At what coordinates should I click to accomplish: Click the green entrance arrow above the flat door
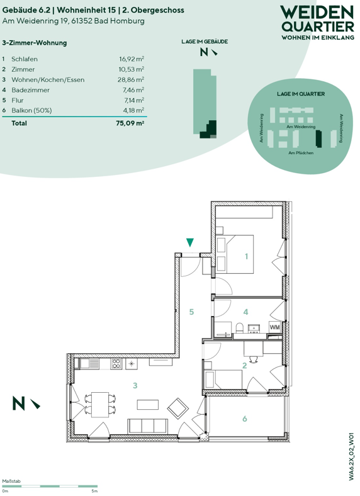(190, 242)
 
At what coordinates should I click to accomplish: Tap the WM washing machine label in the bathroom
(275, 327)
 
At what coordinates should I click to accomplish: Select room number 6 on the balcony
(245, 419)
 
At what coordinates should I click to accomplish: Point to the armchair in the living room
(177, 409)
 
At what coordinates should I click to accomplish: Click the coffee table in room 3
(148, 405)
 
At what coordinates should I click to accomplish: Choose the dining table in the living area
(100, 405)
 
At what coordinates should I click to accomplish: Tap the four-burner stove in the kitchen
(116, 363)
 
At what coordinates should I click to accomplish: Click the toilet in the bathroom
(240, 328)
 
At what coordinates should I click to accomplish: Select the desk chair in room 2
(254, 359)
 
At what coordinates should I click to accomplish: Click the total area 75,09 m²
(130, 123)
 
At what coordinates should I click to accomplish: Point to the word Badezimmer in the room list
(31, 90)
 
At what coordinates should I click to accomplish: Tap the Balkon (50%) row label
(31, 110)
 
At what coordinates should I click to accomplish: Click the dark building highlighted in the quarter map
(319, 138)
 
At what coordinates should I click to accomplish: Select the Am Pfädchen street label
(301, 153)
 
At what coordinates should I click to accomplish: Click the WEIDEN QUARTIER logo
(317, 23)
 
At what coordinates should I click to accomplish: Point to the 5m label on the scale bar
(94, 491)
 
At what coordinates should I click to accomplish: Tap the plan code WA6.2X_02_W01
(351, 457)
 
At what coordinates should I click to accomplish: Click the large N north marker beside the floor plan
(18, 403)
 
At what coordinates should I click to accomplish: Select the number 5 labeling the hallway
(191, 312)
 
